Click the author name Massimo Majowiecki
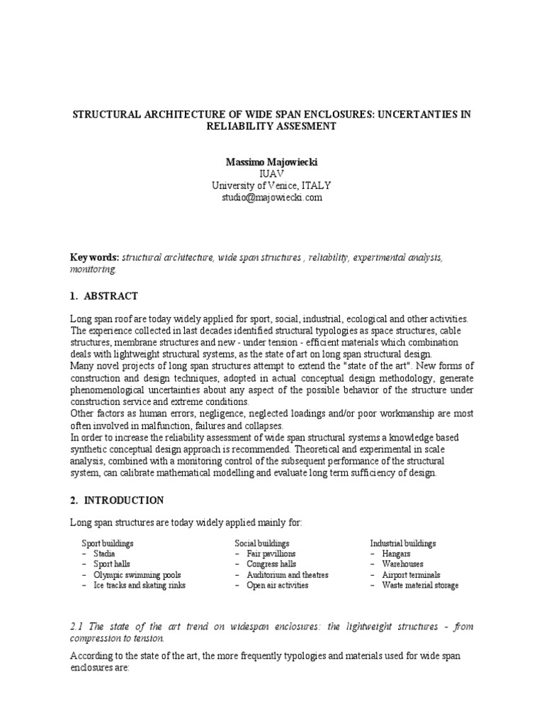271,162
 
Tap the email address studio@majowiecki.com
271,198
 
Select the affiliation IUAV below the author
271,174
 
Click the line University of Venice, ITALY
271,185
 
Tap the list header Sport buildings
108,543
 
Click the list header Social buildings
262,543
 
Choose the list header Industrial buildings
403,543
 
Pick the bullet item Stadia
106,554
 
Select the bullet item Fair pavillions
271,554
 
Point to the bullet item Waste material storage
420,586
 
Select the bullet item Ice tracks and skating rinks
140,586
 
